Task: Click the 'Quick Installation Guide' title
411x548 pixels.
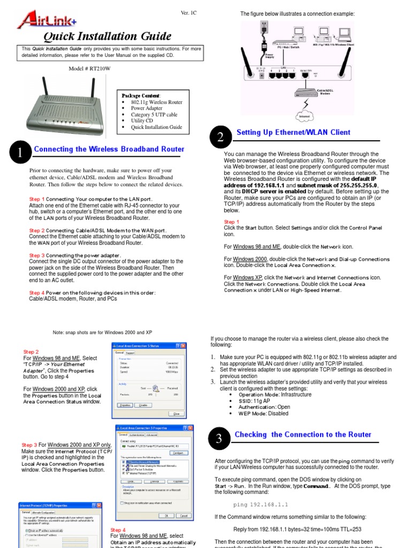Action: coord(107,36)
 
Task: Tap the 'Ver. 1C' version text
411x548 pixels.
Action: coord(188,12)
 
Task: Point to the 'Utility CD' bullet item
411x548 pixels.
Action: coord(142,121)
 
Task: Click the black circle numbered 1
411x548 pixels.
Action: coord(21,153)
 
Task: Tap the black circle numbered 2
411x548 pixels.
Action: coord(220,137)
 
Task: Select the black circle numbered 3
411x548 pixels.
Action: coord(218,439)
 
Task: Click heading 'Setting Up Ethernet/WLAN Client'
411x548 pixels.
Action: coord(293,132)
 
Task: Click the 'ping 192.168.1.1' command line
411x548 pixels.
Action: coord(261,504)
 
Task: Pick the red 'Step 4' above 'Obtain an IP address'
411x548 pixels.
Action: coord(118,530)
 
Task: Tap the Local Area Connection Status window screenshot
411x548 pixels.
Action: coord(149,380)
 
